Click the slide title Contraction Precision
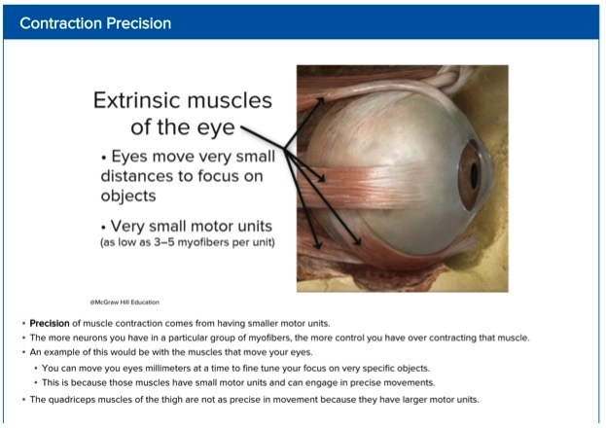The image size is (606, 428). tap(95, 23)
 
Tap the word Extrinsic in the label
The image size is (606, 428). tap(137, 100)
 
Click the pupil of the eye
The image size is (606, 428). tap(474, 175)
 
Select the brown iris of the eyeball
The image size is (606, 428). tap(470, 175)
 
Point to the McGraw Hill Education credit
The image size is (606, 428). tap(125, 303)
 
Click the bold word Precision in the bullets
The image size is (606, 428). tap(50, 323)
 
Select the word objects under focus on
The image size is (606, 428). tap(128, 196)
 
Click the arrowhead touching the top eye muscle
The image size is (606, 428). tap(320, 101)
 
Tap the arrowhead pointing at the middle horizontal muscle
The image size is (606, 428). tap(320, 178)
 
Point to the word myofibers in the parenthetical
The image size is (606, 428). tap(204, 243)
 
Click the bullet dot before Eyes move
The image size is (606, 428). tap(103, 158)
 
